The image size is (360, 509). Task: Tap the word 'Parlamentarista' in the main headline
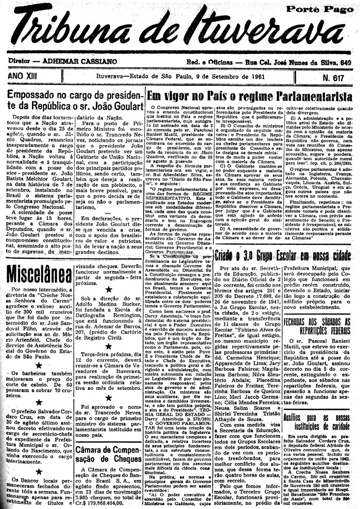click(x=309, y=97)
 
